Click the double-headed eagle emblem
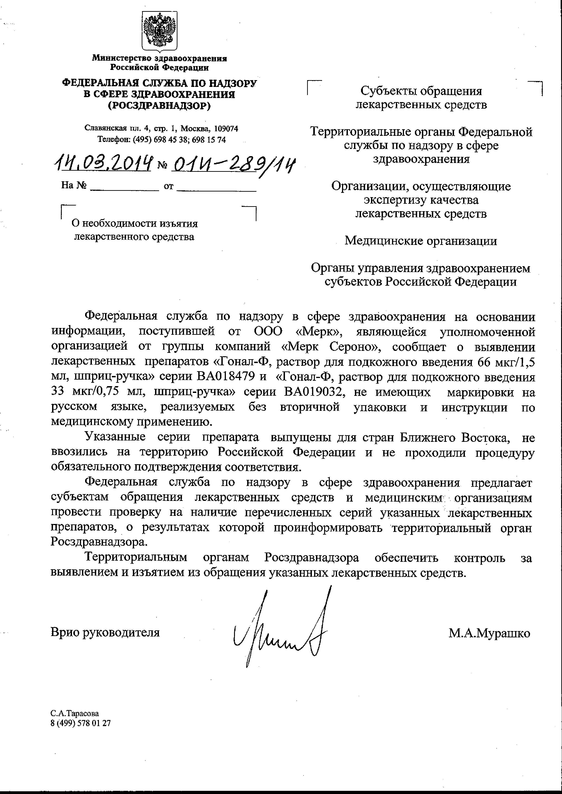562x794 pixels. [160, 31]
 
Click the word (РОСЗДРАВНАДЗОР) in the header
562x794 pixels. [159, 105]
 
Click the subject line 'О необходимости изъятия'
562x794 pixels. [135, 224]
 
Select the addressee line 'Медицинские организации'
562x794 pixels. [421, 241]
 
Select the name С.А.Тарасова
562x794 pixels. [74, 713]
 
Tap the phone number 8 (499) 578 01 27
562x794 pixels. [81, 723]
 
